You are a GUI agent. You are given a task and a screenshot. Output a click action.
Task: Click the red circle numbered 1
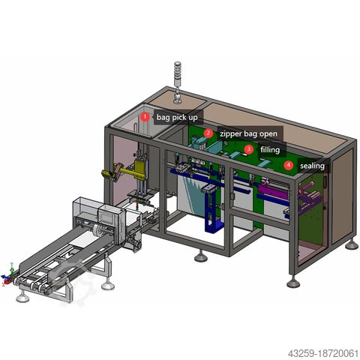145,117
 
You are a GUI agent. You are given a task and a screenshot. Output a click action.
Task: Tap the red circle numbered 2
208,133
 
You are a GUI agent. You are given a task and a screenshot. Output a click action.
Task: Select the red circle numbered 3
249,150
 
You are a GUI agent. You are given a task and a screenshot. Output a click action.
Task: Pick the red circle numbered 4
289,166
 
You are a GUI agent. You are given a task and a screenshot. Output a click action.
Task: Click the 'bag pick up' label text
177,118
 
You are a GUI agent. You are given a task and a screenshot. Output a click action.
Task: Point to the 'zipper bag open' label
248,134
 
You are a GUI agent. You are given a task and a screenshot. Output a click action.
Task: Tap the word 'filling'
270,150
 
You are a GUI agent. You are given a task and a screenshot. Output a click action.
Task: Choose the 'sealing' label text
312,166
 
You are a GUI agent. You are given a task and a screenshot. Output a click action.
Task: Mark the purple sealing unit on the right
308,201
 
